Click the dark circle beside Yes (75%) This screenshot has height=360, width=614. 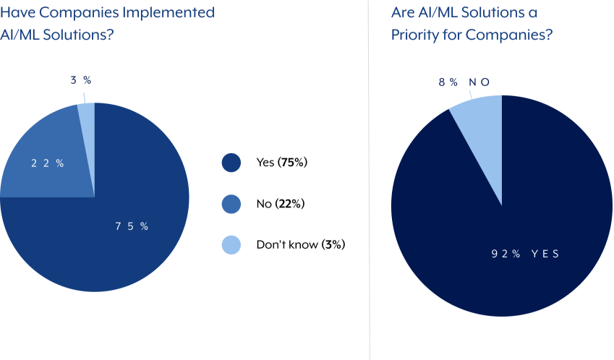[x=231, y=163]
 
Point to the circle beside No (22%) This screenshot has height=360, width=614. [x=231, y=204]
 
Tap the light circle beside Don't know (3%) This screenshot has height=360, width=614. [x=231, y=245]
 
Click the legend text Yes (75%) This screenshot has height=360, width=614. [x=282, y=163]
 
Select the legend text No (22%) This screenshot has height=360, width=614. [x=280, y=204]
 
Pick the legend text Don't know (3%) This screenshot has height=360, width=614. [x=300, y=245]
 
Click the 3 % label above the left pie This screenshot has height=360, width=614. [x=81, y=80]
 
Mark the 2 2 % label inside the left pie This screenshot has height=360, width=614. [x=48, y=163]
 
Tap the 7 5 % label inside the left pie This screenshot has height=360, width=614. [x=132, y=226]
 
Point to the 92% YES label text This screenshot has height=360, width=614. [x=526, y=254]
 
